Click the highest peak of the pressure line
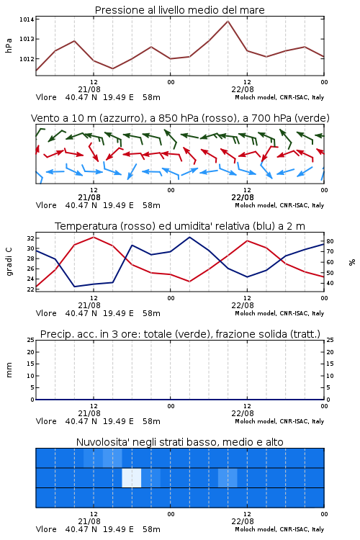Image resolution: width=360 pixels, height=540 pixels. [x=228, y=22]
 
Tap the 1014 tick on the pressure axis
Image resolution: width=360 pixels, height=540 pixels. [x=27, y=19]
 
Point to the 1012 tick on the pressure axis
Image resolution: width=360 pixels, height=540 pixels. [x=27, y=59]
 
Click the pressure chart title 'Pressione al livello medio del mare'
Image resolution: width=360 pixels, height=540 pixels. [x=180, y=10]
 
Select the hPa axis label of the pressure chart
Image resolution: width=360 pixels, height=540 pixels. [x=9, y=45]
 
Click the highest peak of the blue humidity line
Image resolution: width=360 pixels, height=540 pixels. [x=189, y=238]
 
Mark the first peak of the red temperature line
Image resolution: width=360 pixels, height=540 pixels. [x=94, y=238]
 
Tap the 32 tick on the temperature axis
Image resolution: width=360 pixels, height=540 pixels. [x=30, y=238]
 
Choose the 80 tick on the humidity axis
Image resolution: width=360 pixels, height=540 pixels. [x=330, y=241]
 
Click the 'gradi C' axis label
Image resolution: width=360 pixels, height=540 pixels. [x=9, y=262]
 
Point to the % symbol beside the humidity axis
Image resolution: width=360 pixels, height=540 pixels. [x=352, y=262]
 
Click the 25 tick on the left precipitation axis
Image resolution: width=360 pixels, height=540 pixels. [x=31, y=340]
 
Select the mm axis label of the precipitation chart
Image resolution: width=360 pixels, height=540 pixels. [x=9, y=370]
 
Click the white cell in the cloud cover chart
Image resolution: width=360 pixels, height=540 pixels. [x=132, y=477]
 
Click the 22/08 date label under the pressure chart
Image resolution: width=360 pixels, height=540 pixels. [x=243, y=89]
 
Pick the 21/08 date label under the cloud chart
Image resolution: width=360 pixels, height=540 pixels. [x=89, y=521]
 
